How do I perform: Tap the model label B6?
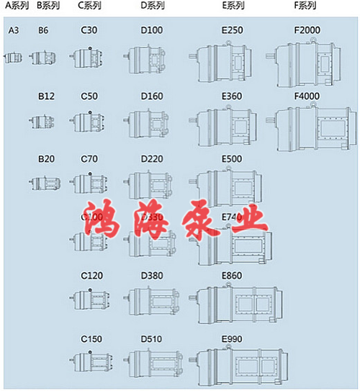tap(43, 30)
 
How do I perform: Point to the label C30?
tap(89, 30)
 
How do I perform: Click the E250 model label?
tap(232, 30)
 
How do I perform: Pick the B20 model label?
tap(46, 158)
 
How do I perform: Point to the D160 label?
tap(152, 96)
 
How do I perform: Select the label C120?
tap(91, 276)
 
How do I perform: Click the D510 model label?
tap(152, 338)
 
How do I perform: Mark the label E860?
tap(232, 276)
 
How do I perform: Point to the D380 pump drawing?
tap(153, 298)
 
